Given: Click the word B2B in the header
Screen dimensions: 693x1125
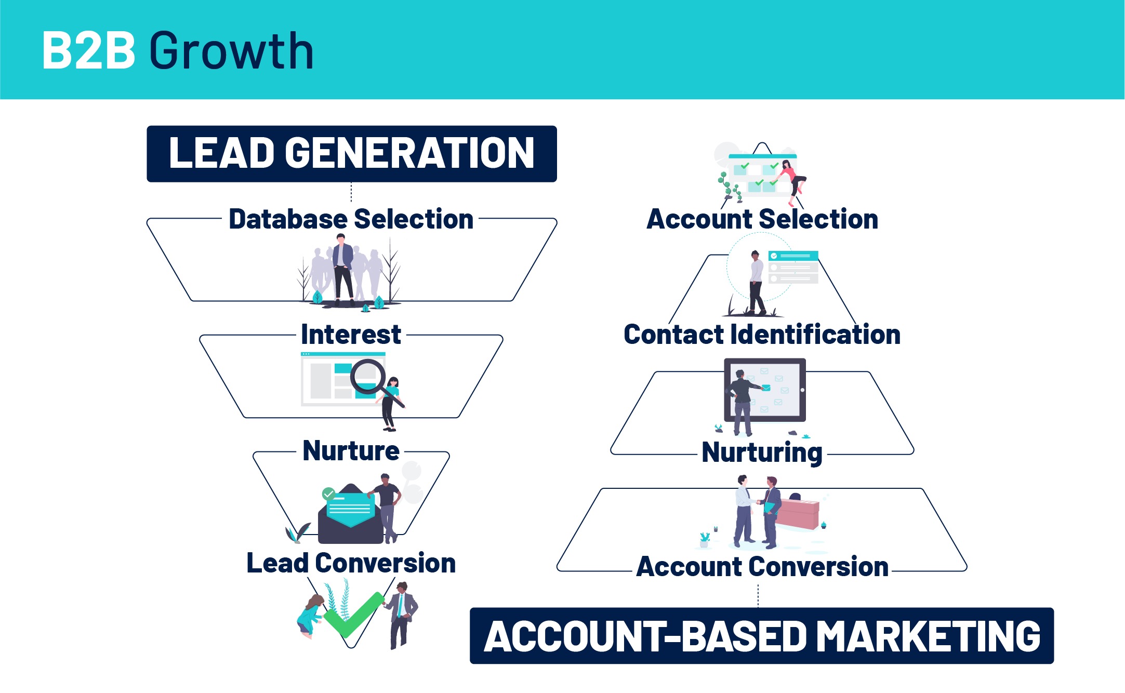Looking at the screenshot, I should click(88, 50).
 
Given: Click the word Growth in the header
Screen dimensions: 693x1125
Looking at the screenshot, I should click(231, 50).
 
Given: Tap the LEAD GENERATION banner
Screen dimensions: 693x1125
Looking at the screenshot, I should click(351, 153).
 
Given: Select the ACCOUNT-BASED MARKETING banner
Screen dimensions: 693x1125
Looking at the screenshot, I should click(762, 636).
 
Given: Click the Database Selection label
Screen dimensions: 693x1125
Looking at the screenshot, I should click(351, 219).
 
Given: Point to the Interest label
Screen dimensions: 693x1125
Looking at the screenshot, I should click(351, 334).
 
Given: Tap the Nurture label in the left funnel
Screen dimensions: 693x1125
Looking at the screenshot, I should click(351, 450).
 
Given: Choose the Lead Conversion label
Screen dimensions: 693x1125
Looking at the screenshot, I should click(351, 563).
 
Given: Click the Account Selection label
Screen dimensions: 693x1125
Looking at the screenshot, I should click(762, 219).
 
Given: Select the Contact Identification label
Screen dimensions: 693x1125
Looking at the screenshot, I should click(762, 334).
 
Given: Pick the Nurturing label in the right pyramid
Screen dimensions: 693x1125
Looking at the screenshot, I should click(762, 452).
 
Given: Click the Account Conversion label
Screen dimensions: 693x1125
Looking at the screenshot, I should click(762, 566).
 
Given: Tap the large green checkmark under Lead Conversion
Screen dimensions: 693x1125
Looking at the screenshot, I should click(353, 616).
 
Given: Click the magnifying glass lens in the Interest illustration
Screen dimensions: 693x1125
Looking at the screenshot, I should click(367, 376).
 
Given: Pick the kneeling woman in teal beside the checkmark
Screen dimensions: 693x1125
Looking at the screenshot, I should click(310, 616).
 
